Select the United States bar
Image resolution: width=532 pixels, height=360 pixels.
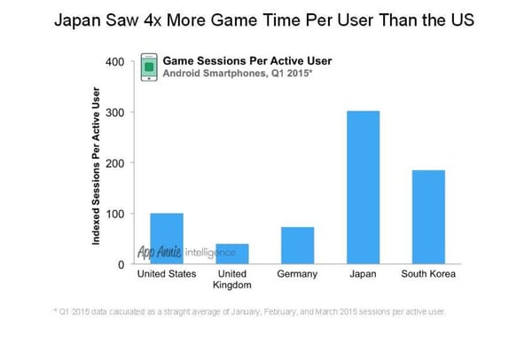pyautogui.click(x=167, y=239)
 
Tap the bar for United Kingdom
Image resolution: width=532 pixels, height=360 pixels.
pyautogui.click(x=232, y=254)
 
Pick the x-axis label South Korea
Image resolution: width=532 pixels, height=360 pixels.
pyautogui.click(x=429, y=274)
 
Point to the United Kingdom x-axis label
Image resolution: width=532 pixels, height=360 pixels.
pyautogui.click(x=232, y=279)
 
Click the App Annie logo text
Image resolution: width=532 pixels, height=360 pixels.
pyautogui.click(x=160, y=253)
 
